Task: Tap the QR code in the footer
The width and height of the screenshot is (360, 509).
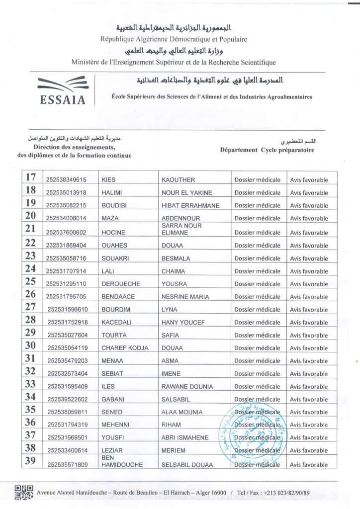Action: (x=24, y=492)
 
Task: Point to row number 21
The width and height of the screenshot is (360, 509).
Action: (x=31, y=229)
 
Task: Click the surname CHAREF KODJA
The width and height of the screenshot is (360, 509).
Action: (x=125, y=348)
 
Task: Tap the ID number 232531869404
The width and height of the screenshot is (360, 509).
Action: (x=66, y=246)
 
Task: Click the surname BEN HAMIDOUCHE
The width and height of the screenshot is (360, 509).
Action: (x=122, y=461)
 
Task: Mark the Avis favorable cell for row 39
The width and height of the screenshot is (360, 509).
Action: (x=309, y=465)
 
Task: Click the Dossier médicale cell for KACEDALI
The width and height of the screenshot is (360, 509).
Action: (x=257, y=322)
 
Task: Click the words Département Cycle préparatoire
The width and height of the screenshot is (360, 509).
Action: (x=267, y=150)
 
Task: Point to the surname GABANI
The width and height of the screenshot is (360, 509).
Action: (x=113, y=399)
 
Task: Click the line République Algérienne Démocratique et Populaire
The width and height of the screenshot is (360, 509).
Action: (x=174, y=39)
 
